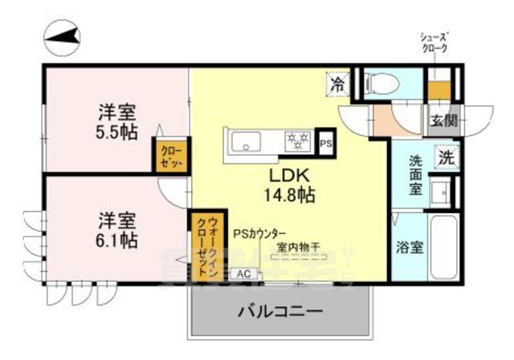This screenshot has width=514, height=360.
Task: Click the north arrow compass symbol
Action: pyautogui.click(x=62, y=35)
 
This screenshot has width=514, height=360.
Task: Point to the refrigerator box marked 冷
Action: pyautogui.click(x=338, y=82)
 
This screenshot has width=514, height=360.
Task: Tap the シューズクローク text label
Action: pyautogui.click(x=434, y=43)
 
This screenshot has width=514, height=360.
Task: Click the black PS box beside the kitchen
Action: pyautogui.click(x=325, y=143)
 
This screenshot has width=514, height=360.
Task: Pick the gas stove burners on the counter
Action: pyautogui.click(x=298, y=142)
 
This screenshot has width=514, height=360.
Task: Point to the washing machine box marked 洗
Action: pyautogui.click(x=445, y=157)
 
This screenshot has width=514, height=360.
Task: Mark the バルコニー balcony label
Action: pyautogui.click(x=280, y=311)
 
